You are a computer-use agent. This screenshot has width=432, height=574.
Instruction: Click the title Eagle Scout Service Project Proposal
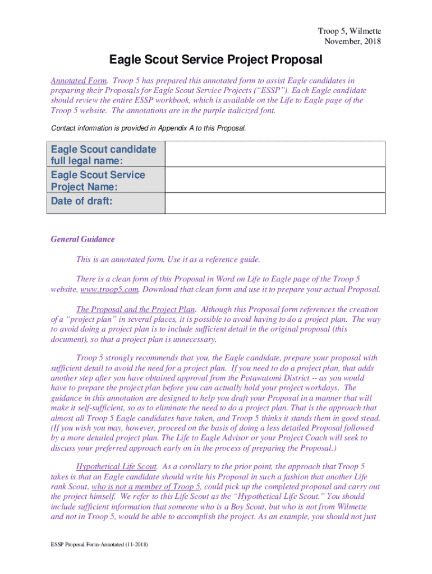216,59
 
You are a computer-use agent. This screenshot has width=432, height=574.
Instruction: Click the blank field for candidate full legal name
275,154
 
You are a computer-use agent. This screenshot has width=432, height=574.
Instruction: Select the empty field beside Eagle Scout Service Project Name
275,180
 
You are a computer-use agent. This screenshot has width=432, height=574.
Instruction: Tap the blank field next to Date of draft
275,203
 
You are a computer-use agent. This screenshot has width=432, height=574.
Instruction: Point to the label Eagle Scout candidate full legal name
103,155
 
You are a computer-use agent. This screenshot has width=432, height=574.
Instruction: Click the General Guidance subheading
82,239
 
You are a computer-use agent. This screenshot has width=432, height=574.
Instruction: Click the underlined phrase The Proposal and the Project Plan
136,309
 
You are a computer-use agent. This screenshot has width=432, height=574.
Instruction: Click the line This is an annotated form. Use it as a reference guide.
168,260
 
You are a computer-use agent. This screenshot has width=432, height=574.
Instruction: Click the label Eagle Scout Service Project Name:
98,180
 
